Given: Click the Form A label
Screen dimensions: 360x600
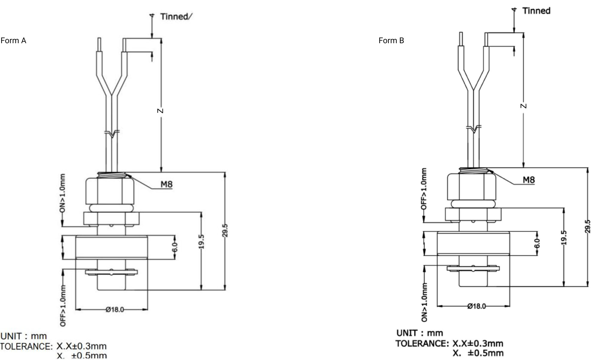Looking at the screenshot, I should point(13,40).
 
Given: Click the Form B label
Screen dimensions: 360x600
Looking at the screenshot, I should point(391,40).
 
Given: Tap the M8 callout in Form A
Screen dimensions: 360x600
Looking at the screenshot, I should point(166,184).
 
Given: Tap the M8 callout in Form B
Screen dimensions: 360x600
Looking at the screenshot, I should point(529,180).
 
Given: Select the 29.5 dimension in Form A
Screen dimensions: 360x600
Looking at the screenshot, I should point(225,230).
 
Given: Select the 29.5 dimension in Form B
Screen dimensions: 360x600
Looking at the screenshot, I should point(588,226).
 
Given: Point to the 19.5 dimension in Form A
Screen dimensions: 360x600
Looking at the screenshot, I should point(201,242).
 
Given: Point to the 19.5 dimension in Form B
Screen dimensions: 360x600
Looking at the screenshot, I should point(564,238).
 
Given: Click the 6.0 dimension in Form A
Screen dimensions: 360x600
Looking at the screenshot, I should point(175,247).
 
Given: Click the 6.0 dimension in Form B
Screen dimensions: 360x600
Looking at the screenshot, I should point(537,243).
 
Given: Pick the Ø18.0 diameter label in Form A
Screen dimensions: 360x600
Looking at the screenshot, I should point(115,309).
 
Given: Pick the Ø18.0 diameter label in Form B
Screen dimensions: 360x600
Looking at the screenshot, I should point(477,306).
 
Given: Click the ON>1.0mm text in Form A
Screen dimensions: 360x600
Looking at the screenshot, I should point(62,193).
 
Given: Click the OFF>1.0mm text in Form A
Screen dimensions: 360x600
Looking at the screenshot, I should point(63,306).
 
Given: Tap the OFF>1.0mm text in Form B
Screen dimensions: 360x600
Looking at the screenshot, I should point(424,189).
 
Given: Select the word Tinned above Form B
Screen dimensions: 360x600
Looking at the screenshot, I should point(536,11).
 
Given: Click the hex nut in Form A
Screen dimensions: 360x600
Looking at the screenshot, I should point(110,191).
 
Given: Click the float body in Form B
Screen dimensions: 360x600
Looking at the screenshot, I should point(473,243).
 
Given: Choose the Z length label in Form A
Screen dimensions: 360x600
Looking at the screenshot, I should point(160,111).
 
